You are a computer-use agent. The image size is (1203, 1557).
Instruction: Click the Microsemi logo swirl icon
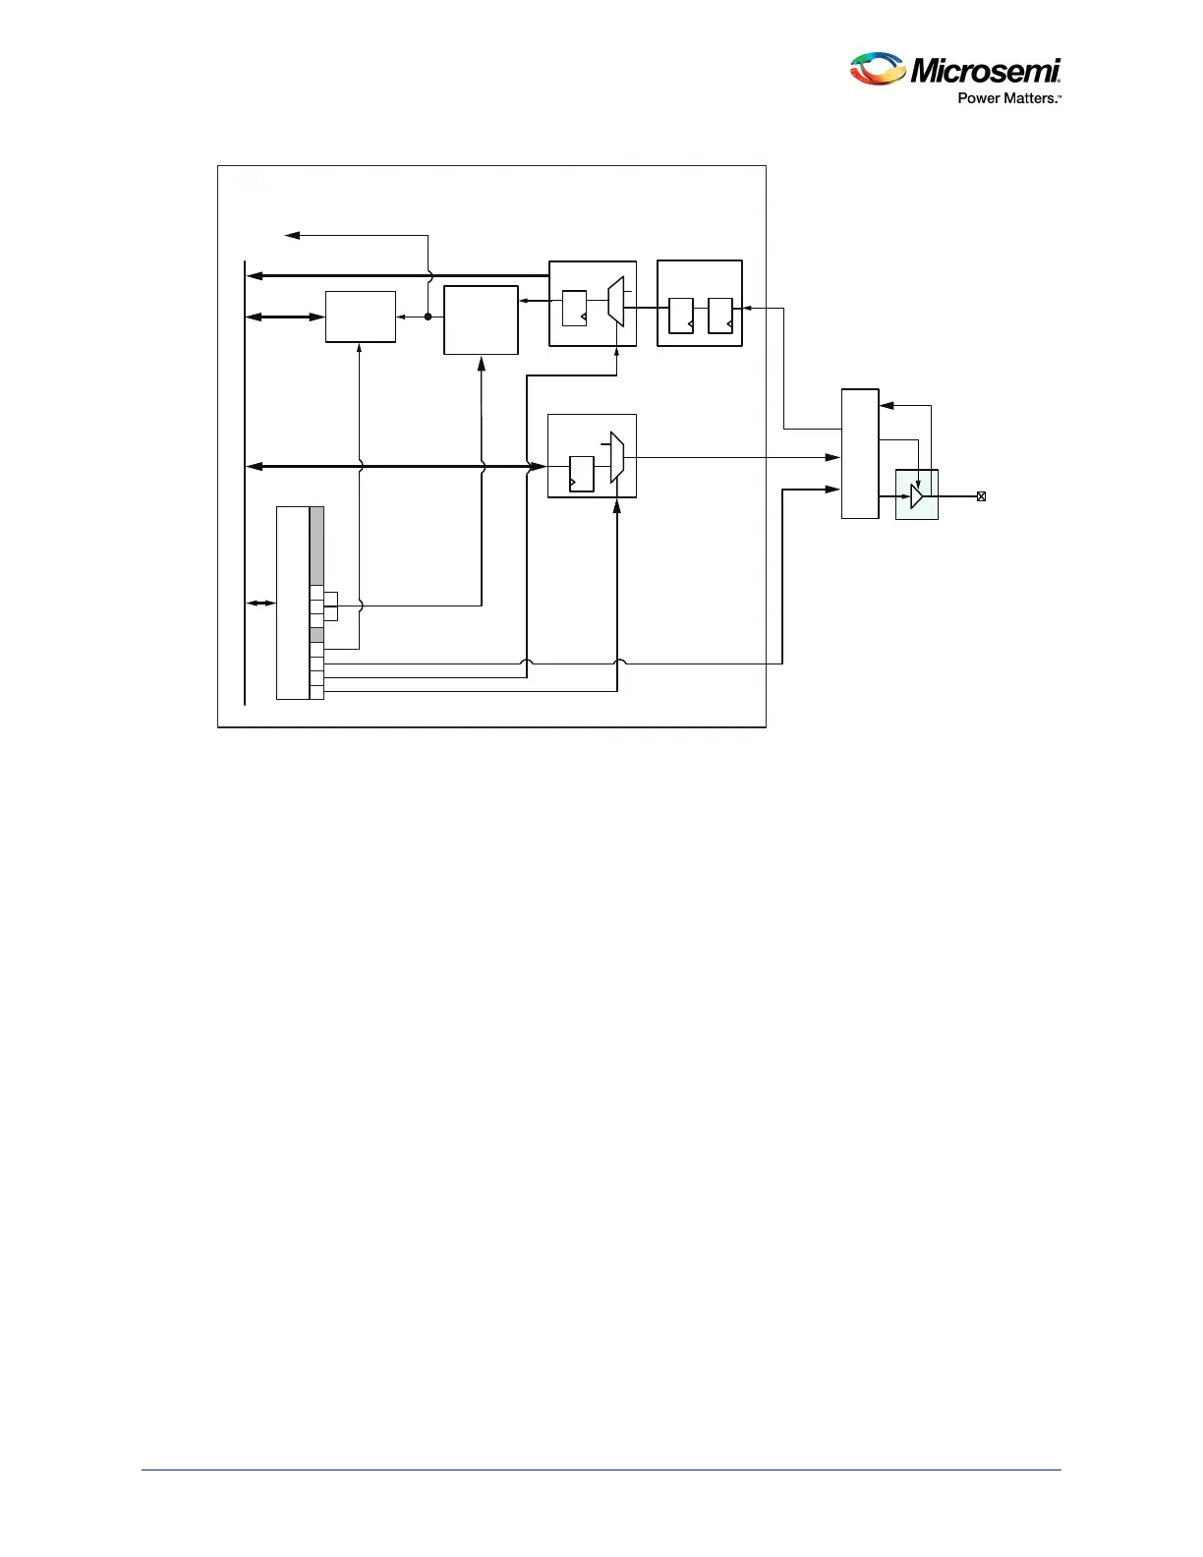pos(878,69)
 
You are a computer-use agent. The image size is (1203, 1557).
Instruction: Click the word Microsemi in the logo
pos(986,71)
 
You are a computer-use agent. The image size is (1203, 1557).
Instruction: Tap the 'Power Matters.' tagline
pos(1008,98)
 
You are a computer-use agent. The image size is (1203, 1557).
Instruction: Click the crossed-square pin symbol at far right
pos(981,496)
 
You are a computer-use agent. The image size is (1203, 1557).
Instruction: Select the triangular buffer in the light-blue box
pos(917,496)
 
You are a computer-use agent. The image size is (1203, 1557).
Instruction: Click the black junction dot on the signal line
pos(429,317)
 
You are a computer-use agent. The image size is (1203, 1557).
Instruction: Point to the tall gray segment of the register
pos(316,546)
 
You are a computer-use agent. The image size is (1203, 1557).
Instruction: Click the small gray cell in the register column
pos(316,635)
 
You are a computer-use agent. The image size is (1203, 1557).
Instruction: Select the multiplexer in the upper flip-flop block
pos(616,302)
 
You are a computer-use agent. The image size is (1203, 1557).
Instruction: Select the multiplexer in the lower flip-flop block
pos(617,457)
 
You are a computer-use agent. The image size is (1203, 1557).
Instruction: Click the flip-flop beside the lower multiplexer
pos(582,474)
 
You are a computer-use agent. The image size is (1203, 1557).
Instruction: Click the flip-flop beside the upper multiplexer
pos(574,308)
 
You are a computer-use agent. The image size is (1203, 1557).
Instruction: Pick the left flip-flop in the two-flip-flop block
pos(681,316)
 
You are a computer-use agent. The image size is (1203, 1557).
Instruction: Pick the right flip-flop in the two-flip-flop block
pos(720,316)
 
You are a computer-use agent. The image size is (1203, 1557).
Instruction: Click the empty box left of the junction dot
pos(361,317)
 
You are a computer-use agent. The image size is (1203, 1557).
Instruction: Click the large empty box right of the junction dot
pos(481,319)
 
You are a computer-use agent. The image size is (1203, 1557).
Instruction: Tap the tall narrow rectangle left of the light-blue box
pos(860,453)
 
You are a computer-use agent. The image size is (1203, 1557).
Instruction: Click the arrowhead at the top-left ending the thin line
pos(291,235)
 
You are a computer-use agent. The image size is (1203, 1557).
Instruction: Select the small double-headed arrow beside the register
pos(261,603)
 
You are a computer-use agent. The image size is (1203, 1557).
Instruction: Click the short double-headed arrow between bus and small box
pos(285,317)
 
